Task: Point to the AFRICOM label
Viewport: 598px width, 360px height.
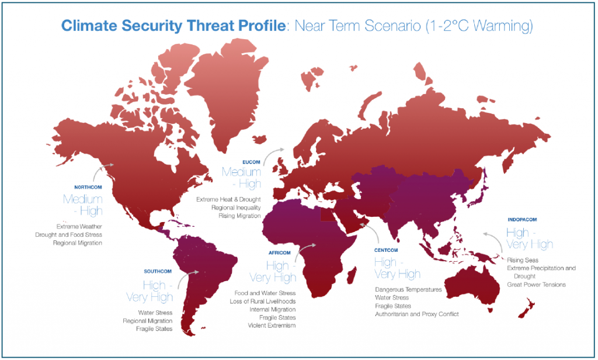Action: click(x=279, y=252)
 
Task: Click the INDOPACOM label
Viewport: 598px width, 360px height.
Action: click(x=521, y=219)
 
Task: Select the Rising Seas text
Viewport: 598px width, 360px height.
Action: click(x=523, y=260)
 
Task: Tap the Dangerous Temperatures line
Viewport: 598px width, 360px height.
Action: click(x=409, y=289)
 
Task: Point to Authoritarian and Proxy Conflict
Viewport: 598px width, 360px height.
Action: click(x=417, y=314)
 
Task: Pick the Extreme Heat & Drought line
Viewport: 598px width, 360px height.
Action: click(x=229, y=199)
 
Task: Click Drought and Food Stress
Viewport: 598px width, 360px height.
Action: click(x=68, y=234)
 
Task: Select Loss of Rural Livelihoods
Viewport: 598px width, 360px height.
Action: click(x=263, y=301)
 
